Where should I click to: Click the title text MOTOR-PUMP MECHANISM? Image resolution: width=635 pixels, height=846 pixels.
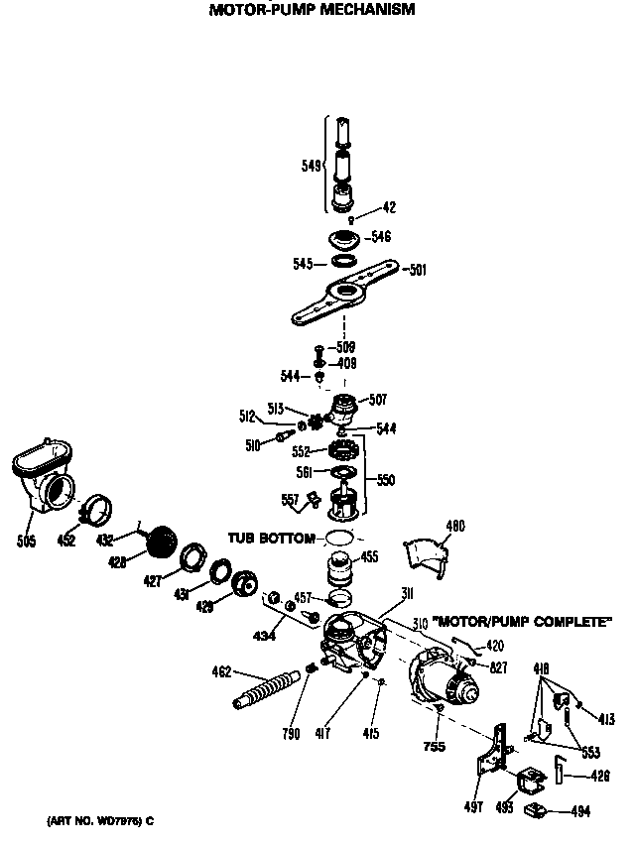pyautogui.click(x=312, y=10)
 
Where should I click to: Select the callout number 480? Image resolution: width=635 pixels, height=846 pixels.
pyautogui.click(x=454, y=525)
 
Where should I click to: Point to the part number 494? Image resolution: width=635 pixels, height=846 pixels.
pyautogui.click(x=581, y=811)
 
